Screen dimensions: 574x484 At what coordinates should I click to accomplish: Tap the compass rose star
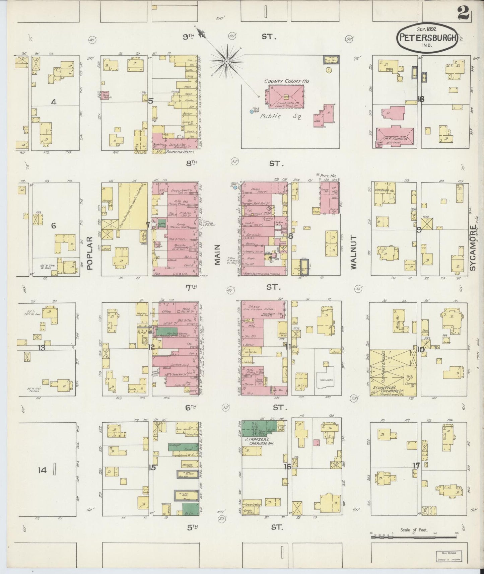click(x=227, y=62)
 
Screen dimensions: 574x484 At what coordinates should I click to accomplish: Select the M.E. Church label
click(x=396, y=139)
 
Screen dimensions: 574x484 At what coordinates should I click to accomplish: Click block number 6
click(x=53, y=226)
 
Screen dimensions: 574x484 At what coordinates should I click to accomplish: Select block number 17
click(x=416, y=465)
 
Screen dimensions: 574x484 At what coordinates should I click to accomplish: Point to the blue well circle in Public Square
click(x=251, y=111)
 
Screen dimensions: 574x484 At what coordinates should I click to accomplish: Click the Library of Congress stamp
click(x=448, y=556)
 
